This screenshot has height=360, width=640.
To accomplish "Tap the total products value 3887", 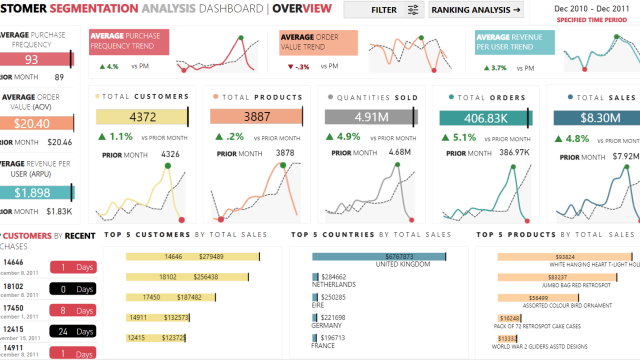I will [x=256, y=116].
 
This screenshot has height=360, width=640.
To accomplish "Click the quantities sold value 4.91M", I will [x=370, y=116].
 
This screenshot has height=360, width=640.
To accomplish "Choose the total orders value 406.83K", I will [x=484, y=116].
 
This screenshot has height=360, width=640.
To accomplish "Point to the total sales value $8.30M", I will [x=598, y=116].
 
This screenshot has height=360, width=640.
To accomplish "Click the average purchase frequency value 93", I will [x=32, y=59].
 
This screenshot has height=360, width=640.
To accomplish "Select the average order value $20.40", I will [x=32, y=123].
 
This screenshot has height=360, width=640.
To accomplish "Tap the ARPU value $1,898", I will [x=32, y=192].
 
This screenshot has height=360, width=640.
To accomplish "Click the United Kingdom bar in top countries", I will [x=378, y=257].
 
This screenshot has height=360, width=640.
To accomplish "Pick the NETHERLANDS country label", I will [x=334, y=285].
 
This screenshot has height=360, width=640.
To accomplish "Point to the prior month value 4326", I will [x=170, y=154].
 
